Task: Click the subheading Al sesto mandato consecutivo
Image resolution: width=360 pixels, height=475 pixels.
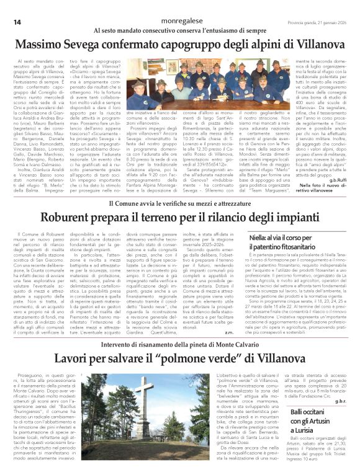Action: (x=180, y=30)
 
